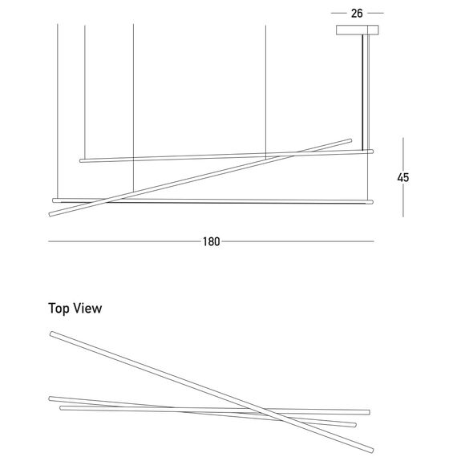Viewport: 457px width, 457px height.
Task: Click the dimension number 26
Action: (357, 14)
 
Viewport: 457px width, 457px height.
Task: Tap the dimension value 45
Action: (403, 177)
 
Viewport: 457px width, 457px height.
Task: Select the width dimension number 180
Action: (212, 241)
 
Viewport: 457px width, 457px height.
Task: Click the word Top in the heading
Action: (59, 309)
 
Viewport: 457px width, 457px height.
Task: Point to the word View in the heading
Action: (87, 308)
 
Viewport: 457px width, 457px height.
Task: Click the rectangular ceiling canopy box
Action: (358, 30)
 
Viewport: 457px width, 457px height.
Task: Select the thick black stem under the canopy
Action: (363, 92)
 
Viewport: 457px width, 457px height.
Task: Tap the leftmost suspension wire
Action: (58, 111)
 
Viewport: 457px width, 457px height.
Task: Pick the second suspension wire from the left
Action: (85, 92)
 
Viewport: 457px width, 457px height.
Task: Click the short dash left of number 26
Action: (338, 13)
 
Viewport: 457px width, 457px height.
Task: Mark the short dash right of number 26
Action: (375, 13)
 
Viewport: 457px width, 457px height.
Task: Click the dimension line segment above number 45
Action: (403, 154)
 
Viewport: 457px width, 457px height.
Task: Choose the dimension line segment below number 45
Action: (403, 200)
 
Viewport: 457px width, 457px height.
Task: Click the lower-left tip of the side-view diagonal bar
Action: (51, 215)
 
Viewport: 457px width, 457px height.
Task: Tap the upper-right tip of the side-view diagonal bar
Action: (350, 140)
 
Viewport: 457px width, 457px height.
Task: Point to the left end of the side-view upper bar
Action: (81, 160)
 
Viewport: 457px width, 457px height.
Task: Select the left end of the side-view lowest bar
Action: (54, 200)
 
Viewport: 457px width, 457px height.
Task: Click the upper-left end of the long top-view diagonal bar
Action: (51, 334)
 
